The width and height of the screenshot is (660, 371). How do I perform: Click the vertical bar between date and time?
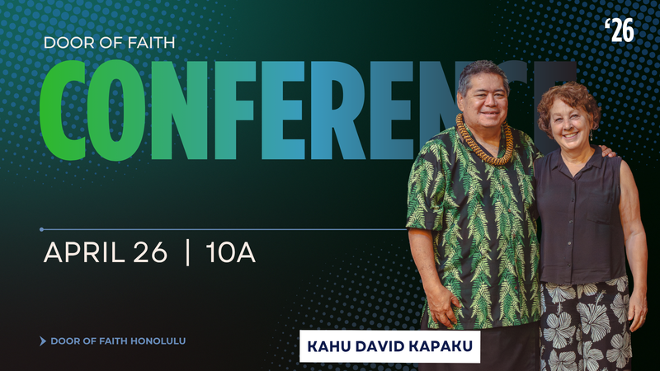[x=189, y=252]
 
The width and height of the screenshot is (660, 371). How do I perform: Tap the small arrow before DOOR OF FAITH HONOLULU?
[x=43, y=340]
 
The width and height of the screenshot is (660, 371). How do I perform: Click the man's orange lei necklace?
[x=484, y=140]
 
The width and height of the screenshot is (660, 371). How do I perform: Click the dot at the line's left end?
[x=42, y=229]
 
